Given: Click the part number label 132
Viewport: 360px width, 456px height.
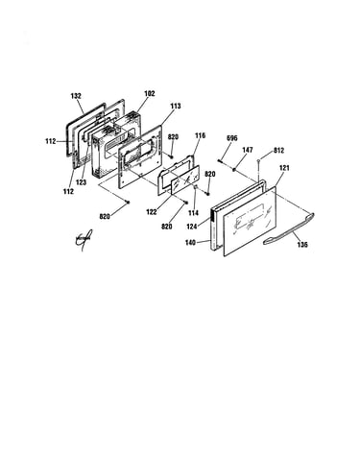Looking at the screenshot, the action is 76,96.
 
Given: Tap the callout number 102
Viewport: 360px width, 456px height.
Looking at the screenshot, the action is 150,94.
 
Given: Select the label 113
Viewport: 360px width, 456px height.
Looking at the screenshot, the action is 176,106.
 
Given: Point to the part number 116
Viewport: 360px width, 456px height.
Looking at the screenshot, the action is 200,135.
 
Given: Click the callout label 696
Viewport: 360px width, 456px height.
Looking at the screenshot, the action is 232,138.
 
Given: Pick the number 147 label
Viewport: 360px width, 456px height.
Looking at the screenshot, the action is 248,150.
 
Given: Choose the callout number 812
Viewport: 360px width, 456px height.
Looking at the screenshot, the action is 278,151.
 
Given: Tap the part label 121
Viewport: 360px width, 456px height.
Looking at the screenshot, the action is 284,168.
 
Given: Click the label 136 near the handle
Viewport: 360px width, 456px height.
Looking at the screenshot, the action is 302,245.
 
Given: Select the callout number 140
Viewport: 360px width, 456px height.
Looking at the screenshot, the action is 190,243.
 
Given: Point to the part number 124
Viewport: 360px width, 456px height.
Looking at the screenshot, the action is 192,227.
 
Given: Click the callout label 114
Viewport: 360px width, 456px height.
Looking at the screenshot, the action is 193,213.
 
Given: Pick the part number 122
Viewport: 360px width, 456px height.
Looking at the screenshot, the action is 152,212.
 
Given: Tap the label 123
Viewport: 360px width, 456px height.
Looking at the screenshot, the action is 81,182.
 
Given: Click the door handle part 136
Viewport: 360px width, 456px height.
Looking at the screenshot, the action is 289,229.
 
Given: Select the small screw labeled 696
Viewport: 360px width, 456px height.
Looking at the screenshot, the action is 221,160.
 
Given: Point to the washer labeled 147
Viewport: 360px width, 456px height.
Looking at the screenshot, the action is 234,169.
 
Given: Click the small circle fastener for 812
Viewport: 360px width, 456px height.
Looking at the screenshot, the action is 258,159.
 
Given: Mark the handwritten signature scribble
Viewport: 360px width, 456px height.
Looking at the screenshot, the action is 84,239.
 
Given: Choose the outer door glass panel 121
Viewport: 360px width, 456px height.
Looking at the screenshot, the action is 250,222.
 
